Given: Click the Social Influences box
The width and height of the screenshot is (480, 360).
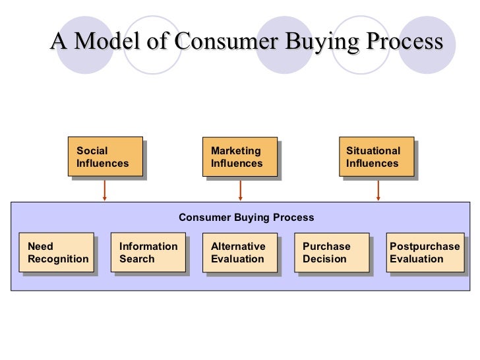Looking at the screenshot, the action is point(105,156).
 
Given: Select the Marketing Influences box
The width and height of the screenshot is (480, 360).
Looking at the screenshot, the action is point(239,156).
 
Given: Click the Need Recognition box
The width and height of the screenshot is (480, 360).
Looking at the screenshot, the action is point(57,253).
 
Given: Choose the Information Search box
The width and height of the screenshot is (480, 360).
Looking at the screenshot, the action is point(148,253).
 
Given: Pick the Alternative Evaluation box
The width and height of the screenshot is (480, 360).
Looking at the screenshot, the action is point(239,253).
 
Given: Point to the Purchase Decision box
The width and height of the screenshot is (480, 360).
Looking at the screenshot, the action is point(330,253).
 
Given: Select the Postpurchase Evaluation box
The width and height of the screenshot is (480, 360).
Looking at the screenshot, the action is point(425,253).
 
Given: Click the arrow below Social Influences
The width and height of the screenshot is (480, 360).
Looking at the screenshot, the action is point(105,190).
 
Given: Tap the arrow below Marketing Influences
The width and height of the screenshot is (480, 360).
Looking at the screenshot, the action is point(240,190).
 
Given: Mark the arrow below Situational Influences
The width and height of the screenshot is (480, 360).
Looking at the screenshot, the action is point(378,190).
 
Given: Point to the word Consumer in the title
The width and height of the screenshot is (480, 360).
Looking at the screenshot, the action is point(214,42).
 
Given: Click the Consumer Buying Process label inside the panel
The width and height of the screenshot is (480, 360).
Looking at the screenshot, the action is point(247,218).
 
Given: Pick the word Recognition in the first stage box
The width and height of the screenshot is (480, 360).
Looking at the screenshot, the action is point(58,259).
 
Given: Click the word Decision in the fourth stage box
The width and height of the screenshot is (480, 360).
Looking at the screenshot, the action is point(324,259).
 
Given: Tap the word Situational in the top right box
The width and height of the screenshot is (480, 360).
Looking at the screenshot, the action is point(373,151).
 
